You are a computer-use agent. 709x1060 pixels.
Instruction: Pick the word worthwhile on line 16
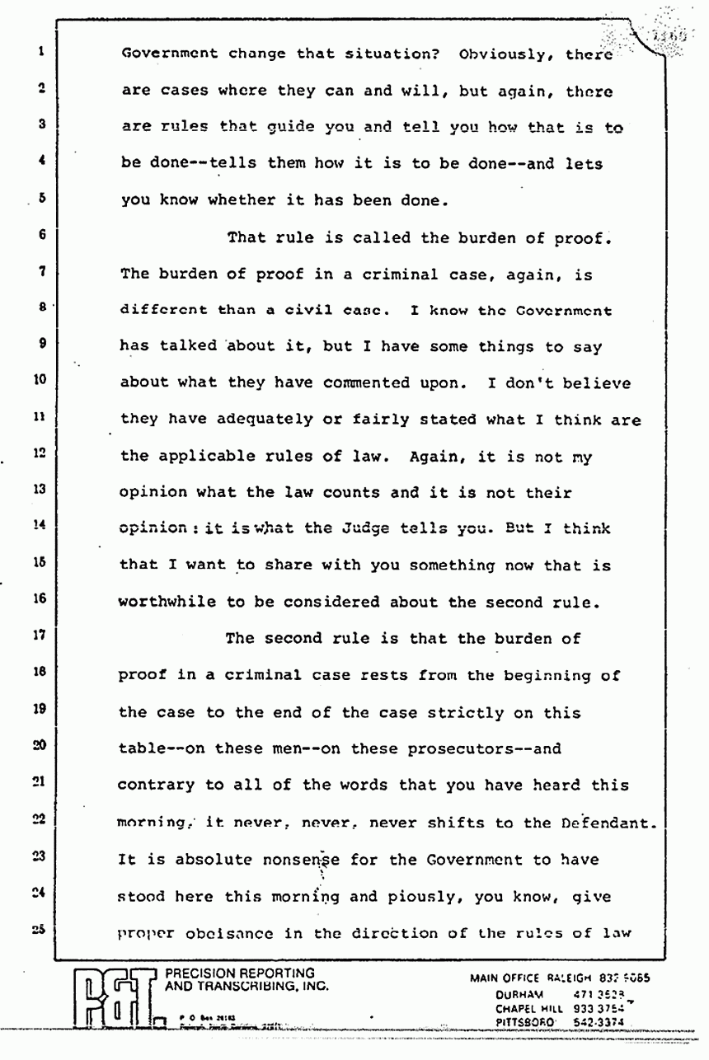(x=167, y=602)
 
